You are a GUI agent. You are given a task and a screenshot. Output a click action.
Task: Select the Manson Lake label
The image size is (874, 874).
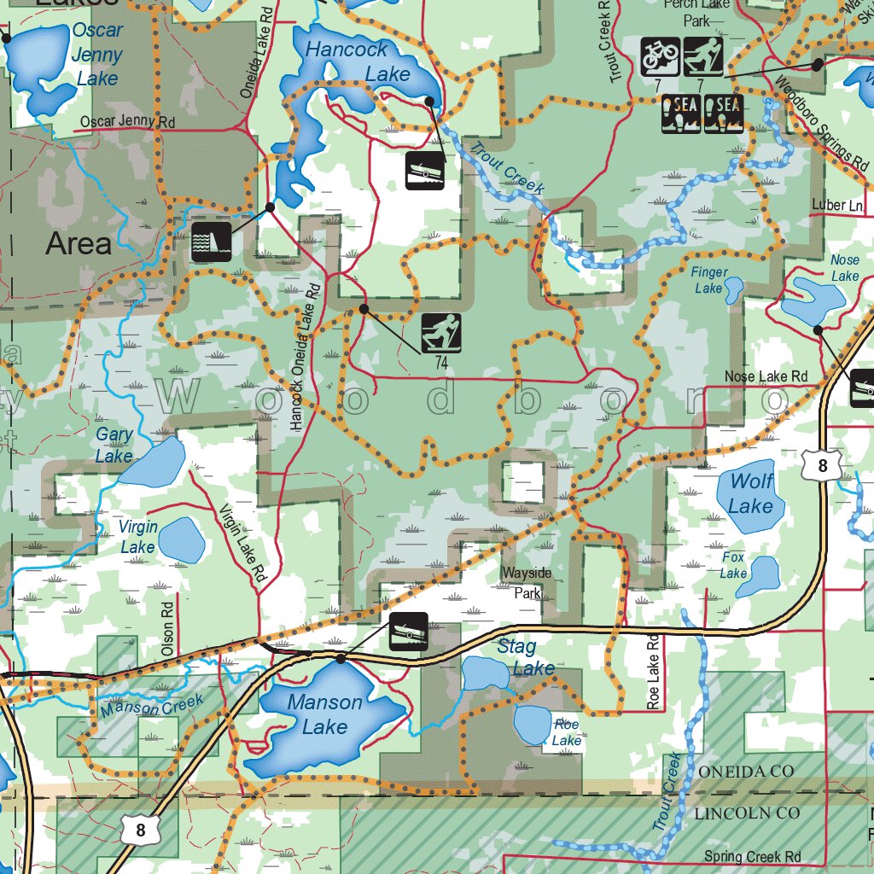click(x=324, y=714)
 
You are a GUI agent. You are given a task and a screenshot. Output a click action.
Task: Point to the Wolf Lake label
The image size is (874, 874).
click(x=750, y=493)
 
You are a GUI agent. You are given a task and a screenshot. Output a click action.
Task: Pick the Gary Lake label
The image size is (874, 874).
click(x=114, y=445)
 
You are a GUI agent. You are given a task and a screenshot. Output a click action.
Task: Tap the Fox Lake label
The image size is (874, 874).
click(x=733, y=565)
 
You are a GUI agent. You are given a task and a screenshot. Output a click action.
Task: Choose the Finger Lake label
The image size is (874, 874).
click(x=709, y=280)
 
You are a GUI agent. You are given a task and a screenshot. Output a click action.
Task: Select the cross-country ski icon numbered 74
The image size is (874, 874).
click(x=441, y=334)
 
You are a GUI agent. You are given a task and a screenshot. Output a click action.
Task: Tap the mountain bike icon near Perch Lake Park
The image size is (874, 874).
click(x=661, y=56)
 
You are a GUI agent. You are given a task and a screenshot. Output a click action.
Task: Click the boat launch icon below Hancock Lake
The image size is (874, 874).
click(x=424, y=170)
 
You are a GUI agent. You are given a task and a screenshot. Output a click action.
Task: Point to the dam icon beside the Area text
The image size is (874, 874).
click(x=211, y=242)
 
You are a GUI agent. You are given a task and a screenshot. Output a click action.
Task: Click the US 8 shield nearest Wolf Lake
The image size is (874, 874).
click(x=822, y=466)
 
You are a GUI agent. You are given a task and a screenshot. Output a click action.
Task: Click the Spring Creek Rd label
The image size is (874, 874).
click(x=752, y=856)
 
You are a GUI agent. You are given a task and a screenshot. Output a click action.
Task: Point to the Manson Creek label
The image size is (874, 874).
click(x=152, y=705)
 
